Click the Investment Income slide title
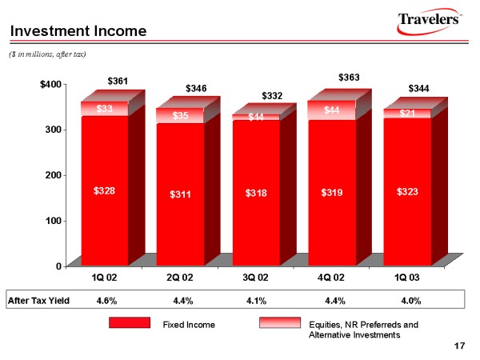coord(78,31)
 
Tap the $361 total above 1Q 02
coord(118,81)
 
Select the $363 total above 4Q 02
coord(350,78)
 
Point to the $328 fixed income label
coord(105,191)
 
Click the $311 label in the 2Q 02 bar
coord(181,194)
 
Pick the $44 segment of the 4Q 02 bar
coord(333,110)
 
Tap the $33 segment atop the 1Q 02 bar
coord(105,109)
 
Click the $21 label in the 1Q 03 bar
coord(409,113)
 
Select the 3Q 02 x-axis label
coord(257,278)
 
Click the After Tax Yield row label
coord(38,301)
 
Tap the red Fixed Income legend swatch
coord(130,322)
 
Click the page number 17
coord(458,346)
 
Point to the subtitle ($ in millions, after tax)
coord(47,53)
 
